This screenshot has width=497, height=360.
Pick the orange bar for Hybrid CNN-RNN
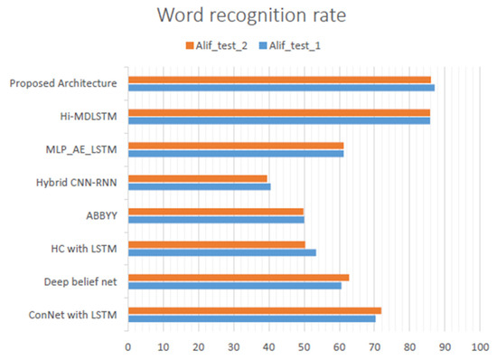tap(198, 178)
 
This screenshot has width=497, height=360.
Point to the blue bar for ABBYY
tap(216, 219)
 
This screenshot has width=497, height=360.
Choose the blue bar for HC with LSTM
tap(221, 251)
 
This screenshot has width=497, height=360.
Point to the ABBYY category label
tap(103, 215)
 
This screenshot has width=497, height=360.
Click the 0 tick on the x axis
tap(128, 346)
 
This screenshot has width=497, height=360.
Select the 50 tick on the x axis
tap(304, 346)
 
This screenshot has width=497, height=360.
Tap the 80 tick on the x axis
tap(409, 346)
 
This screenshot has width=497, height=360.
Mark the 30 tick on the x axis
tap(233, 346)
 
